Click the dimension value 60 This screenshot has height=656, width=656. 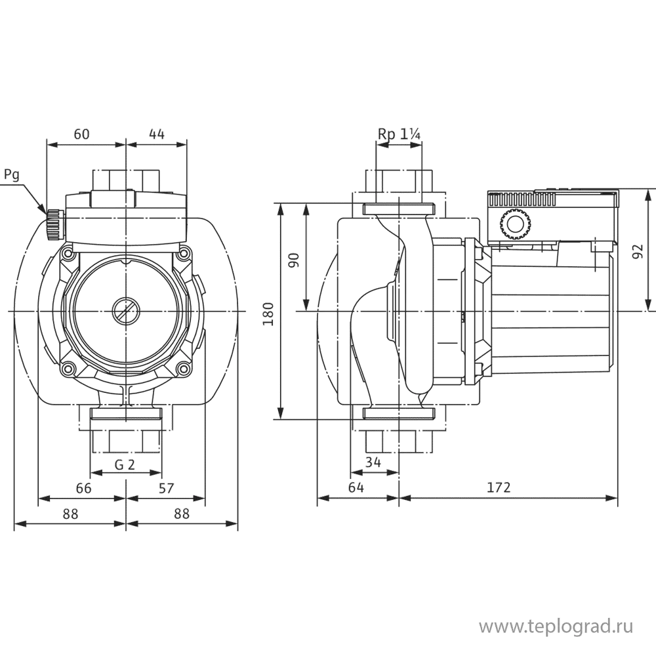pyautogui.click(x=81, y=134)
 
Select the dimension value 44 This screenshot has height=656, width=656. pyautogui.click(x=156, y=134)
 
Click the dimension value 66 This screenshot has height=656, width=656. pyautogui.click(x=83, y=489)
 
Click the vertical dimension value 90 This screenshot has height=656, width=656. pyautogui.click(x=295, y=260)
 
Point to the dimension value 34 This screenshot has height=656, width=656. pyautogui.click(x=373, y=462)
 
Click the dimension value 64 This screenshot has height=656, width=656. pyautogui.click(x=356, y=488)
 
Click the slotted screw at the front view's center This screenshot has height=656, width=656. pyautogui.click(x=125, y=310)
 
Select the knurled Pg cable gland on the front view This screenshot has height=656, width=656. pyautogui.click(x=51, y=224)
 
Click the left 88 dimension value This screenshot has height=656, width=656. pyautogui.click(x=71, y=514)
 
